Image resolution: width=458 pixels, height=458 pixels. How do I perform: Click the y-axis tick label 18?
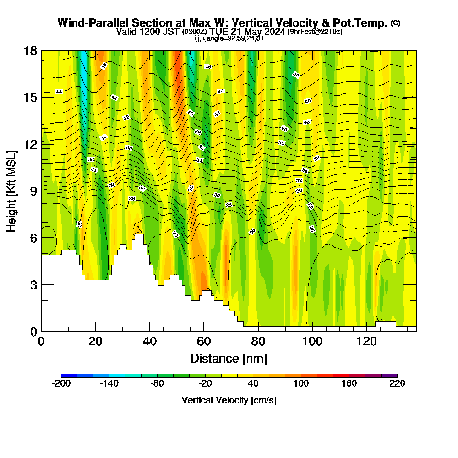(x=31, y=50)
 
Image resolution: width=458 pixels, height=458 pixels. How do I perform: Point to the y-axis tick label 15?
(x=31, y=97)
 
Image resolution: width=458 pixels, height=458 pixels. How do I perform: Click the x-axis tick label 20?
(x=95, y=341)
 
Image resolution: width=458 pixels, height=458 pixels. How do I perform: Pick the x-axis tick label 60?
(x=204, y=341)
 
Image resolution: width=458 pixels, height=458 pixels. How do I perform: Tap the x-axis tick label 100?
(x=312, y=341)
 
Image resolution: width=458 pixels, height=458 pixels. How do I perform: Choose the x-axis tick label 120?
(x=367, y=341)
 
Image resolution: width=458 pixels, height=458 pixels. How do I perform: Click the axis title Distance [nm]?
(x=229, y=358)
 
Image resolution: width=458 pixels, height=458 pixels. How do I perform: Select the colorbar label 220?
(x=397, y=384)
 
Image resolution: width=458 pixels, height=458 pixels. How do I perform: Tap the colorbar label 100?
(x=301, y=384)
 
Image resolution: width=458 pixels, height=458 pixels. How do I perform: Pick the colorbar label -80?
(x=157, y=384)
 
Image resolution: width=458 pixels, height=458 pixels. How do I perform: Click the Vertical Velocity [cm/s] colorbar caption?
(x=229, y=400)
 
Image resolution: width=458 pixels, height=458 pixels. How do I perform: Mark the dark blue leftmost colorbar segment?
(x=69, y=376)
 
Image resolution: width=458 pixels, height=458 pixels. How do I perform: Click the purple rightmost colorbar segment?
(x=389, y=376)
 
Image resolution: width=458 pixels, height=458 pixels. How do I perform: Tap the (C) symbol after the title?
(x=396, y=23)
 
